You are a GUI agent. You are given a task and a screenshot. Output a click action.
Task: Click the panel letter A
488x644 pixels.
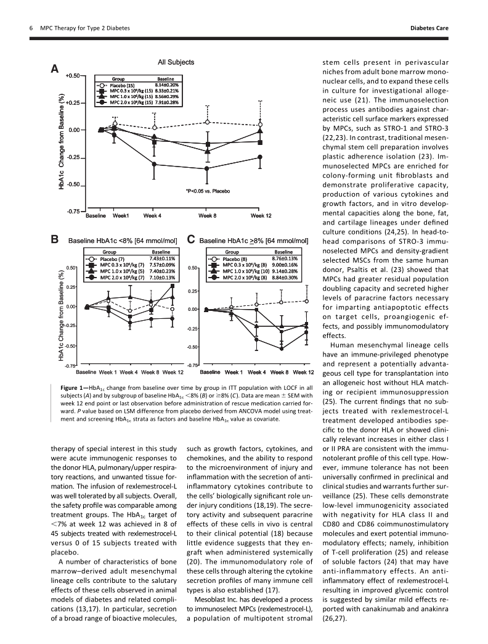pyautogui.click(x=55, y=70)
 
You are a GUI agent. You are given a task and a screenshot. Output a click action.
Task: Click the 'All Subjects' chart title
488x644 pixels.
pyautogui.click(x=176, y=62)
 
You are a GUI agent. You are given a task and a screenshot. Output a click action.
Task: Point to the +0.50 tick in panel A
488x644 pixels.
pyautogui.click(x=72, y=75)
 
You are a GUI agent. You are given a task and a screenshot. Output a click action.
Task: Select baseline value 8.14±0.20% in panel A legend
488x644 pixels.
pyautogui.click(x=166, y=85)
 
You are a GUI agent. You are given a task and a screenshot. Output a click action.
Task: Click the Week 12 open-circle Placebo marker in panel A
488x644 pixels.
pyautogui.click(x=261, y=125)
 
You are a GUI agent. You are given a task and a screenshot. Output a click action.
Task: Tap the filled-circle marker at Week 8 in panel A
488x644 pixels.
pyautogui.click(x=207, y=168)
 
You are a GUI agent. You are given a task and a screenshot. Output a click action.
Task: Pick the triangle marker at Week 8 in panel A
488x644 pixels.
pyautogui.click(x=207, y=151)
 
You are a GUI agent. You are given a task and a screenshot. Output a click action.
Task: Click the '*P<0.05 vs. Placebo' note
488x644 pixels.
pyautogui.click(x=208, y=191)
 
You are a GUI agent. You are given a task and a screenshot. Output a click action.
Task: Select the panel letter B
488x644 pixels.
pyautogui.click(x=55, y=239)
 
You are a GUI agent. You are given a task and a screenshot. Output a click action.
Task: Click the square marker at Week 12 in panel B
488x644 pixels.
pyautogui.click(x=173, y=286)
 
